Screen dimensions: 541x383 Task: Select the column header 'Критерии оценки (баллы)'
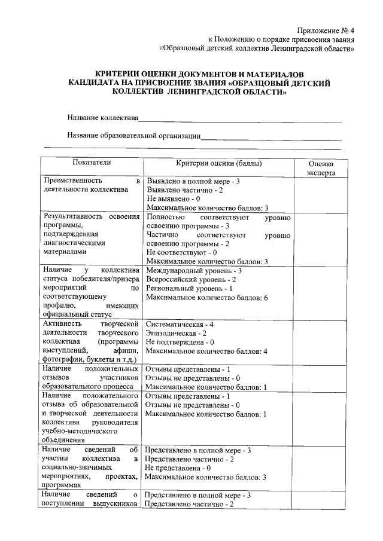point(218,163)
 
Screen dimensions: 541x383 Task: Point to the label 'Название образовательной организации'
point(133,136)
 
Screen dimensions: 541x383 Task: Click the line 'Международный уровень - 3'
point(193,270)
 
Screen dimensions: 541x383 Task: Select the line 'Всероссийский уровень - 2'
point(191,279)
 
